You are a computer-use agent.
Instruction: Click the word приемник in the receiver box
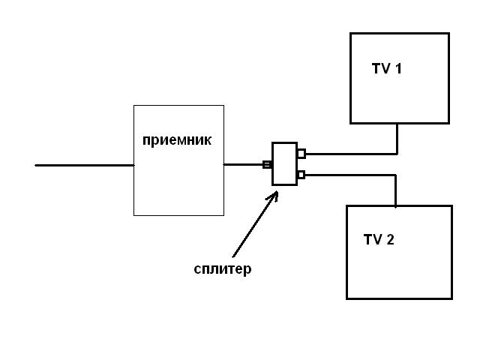(x=177, y=140)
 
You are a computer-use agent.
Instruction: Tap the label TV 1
(x=387, y=69)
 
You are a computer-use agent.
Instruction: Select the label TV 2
(x=379, y=240)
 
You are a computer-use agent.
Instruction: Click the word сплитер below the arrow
(x=223, y=269)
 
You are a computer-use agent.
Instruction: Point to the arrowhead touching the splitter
(x=275, y=194)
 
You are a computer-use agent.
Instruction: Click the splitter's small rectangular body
(x=284, y=163)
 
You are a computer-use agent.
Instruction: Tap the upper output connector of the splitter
(x=301, y=154)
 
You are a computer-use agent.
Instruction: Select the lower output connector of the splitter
(x=301, y=175)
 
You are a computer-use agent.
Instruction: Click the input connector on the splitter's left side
(x=267, y=165)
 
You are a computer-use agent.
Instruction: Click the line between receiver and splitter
(x=243, y=165)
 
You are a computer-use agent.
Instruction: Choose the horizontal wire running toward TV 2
(x=349, y=175)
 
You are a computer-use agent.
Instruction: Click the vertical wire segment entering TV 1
(x=397, y=139)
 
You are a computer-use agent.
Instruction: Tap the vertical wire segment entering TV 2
(x=395, y=191)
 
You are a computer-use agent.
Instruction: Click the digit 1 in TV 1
(x=398, y=69)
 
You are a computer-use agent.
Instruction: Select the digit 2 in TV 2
(x=390, y=240)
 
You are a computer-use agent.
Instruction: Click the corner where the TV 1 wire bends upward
(x=397, y=154)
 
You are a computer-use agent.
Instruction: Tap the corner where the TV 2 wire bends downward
(x=395, y=175)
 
